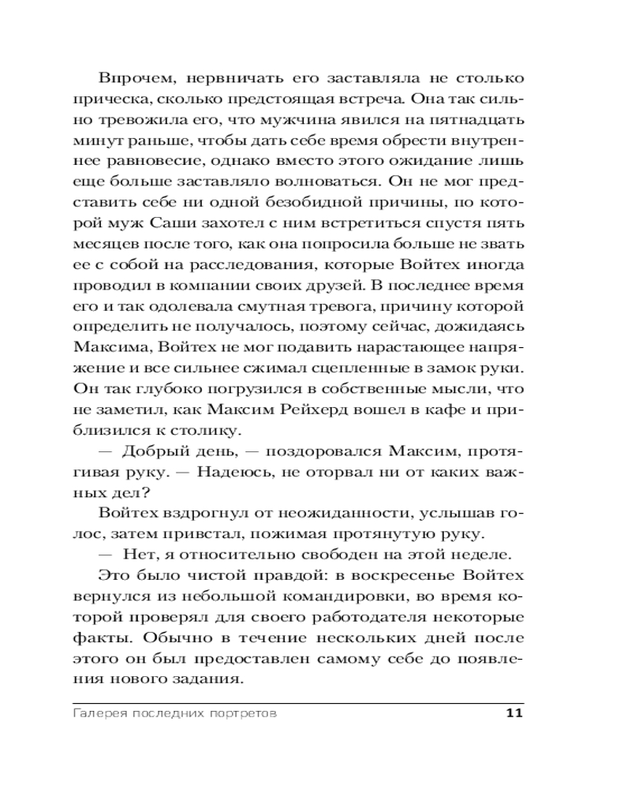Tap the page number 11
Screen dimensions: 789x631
pyautogui.click(x=513, y=713)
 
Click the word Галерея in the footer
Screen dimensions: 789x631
pyautogui.click(x=100, y=714)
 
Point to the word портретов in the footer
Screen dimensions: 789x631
pyautogui.click(x=241, y=714)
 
